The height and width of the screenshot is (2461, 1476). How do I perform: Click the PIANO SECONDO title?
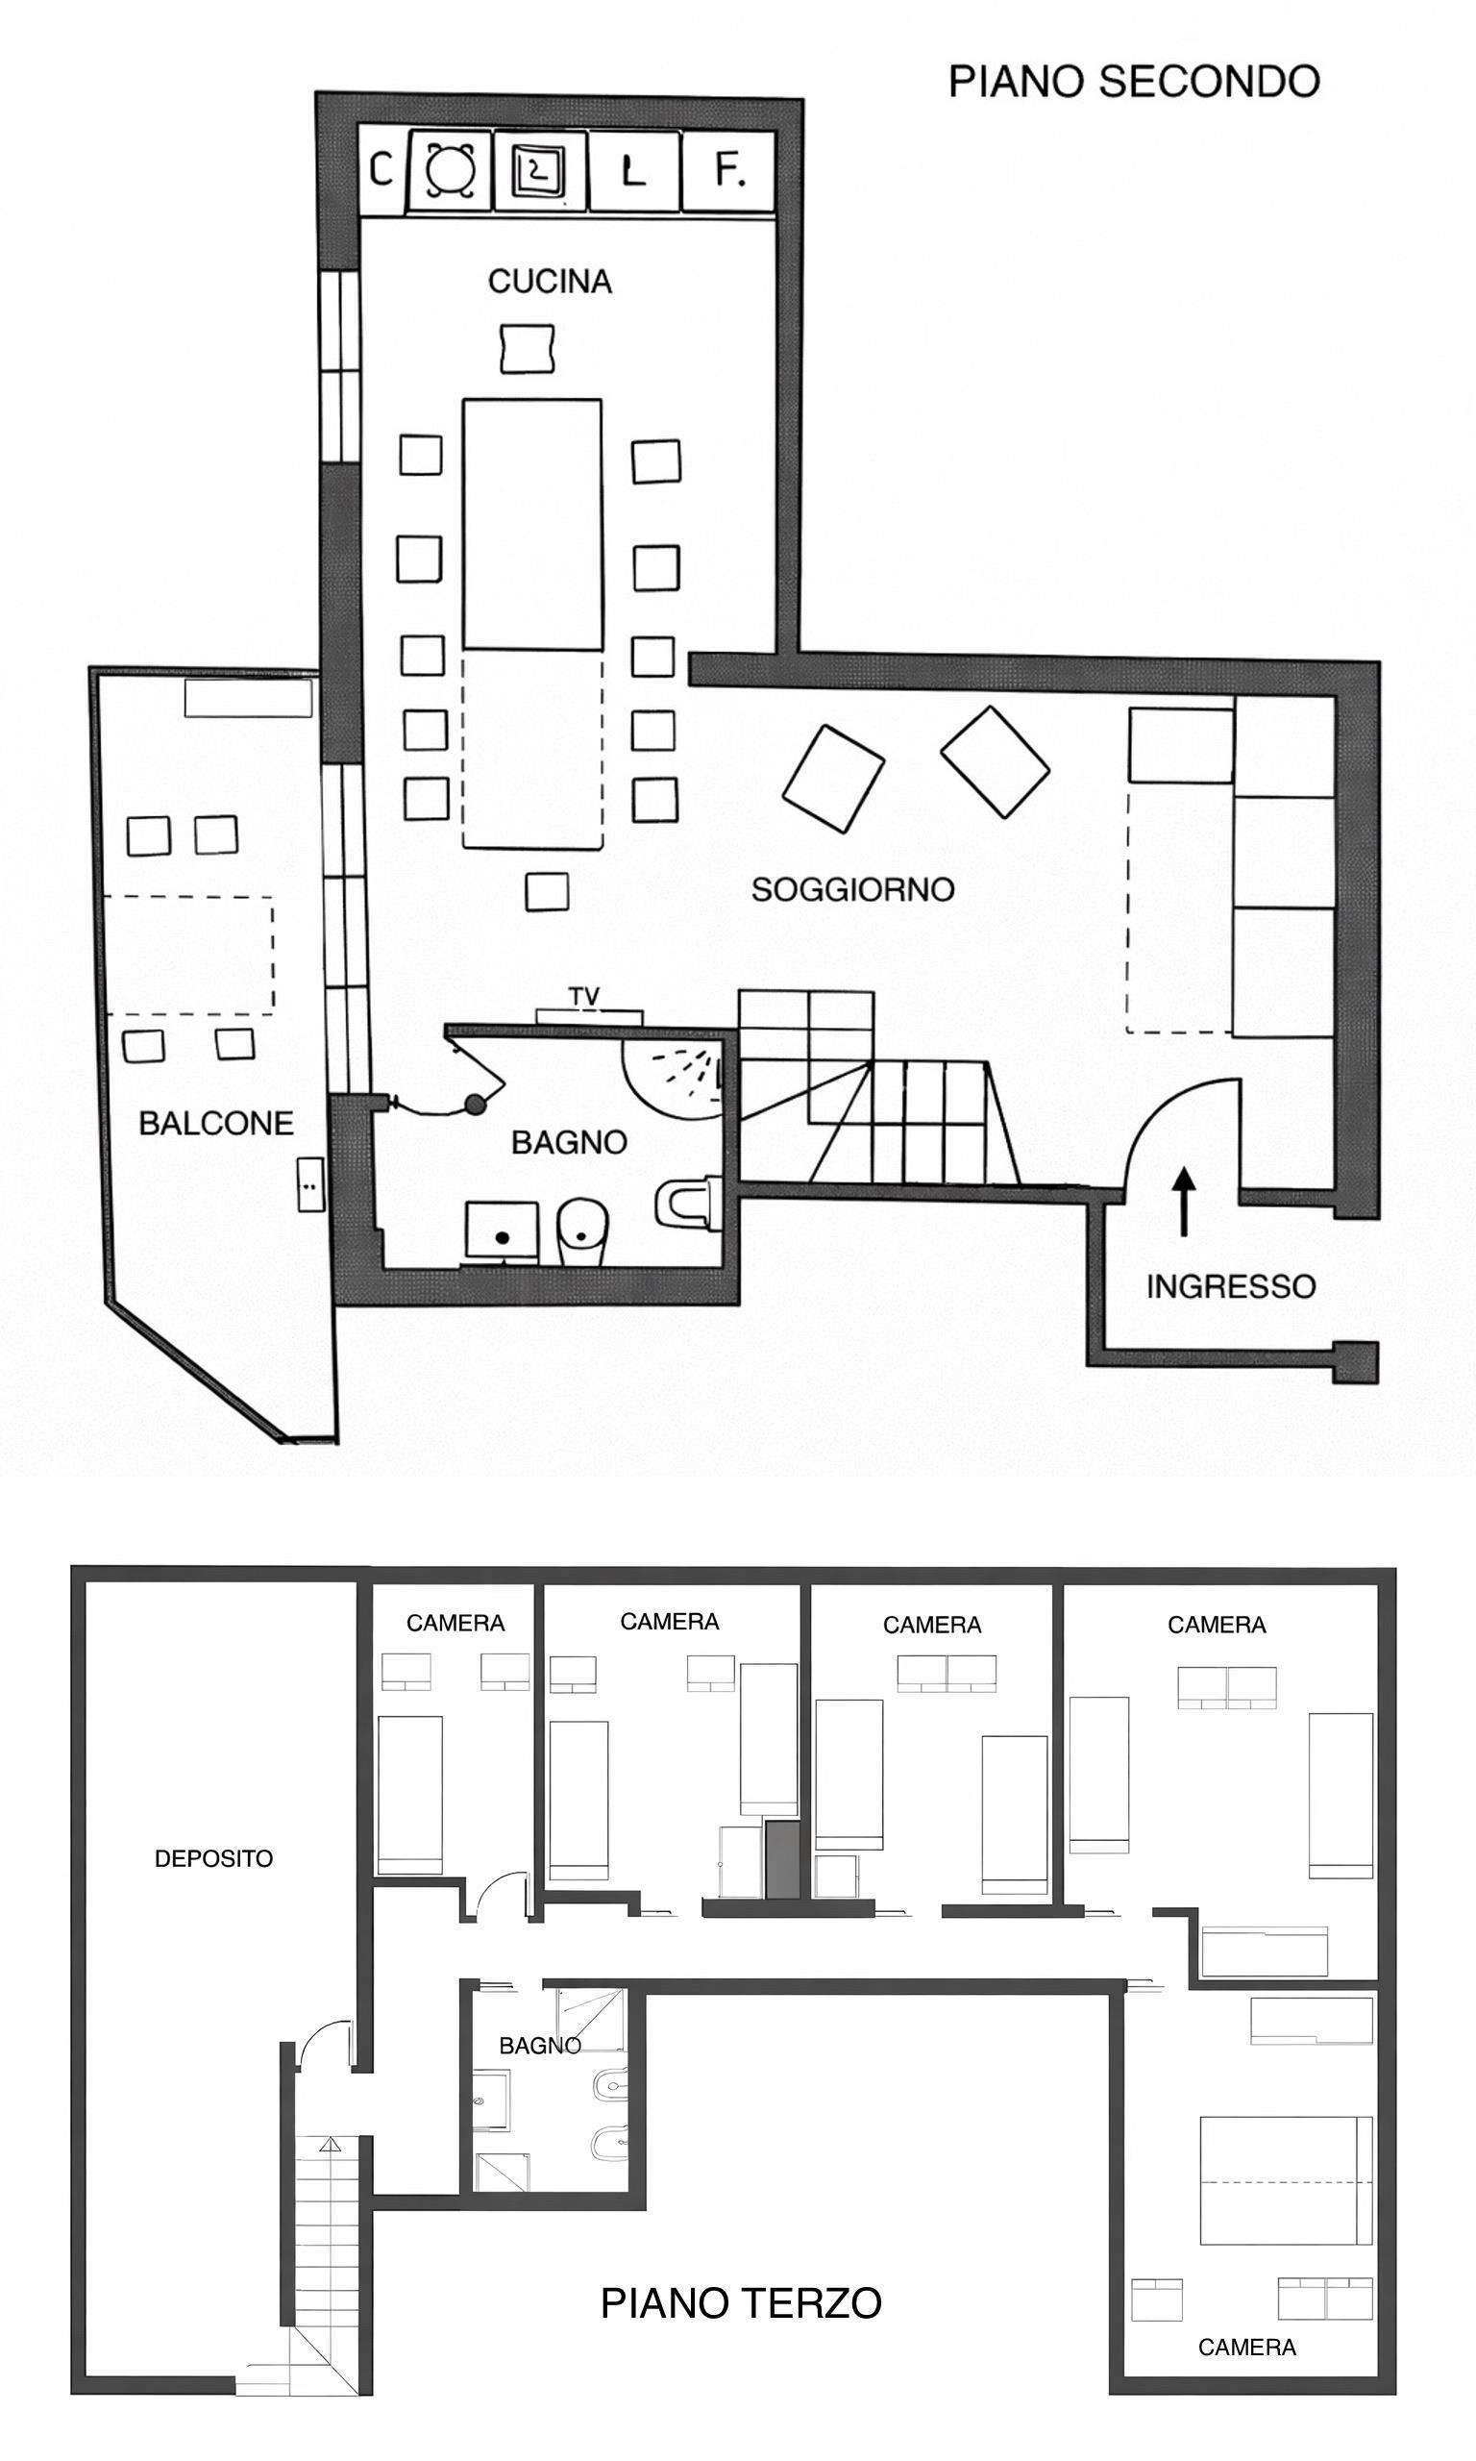pos(1133,82)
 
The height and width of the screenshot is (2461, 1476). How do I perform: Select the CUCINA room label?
pos(549,282)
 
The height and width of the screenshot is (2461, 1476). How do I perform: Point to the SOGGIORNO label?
pos(852,888)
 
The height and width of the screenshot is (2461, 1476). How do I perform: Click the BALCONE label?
pos(216,1123)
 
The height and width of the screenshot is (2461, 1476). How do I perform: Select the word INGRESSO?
pos(1230,1286)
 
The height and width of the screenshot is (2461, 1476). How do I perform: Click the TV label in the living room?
pos(584,996)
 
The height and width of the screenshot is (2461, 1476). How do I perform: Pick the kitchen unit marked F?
pos(730,171)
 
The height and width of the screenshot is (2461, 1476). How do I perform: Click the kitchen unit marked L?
pos(633,171)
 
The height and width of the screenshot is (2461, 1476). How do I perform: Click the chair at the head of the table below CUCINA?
pos(528,348)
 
